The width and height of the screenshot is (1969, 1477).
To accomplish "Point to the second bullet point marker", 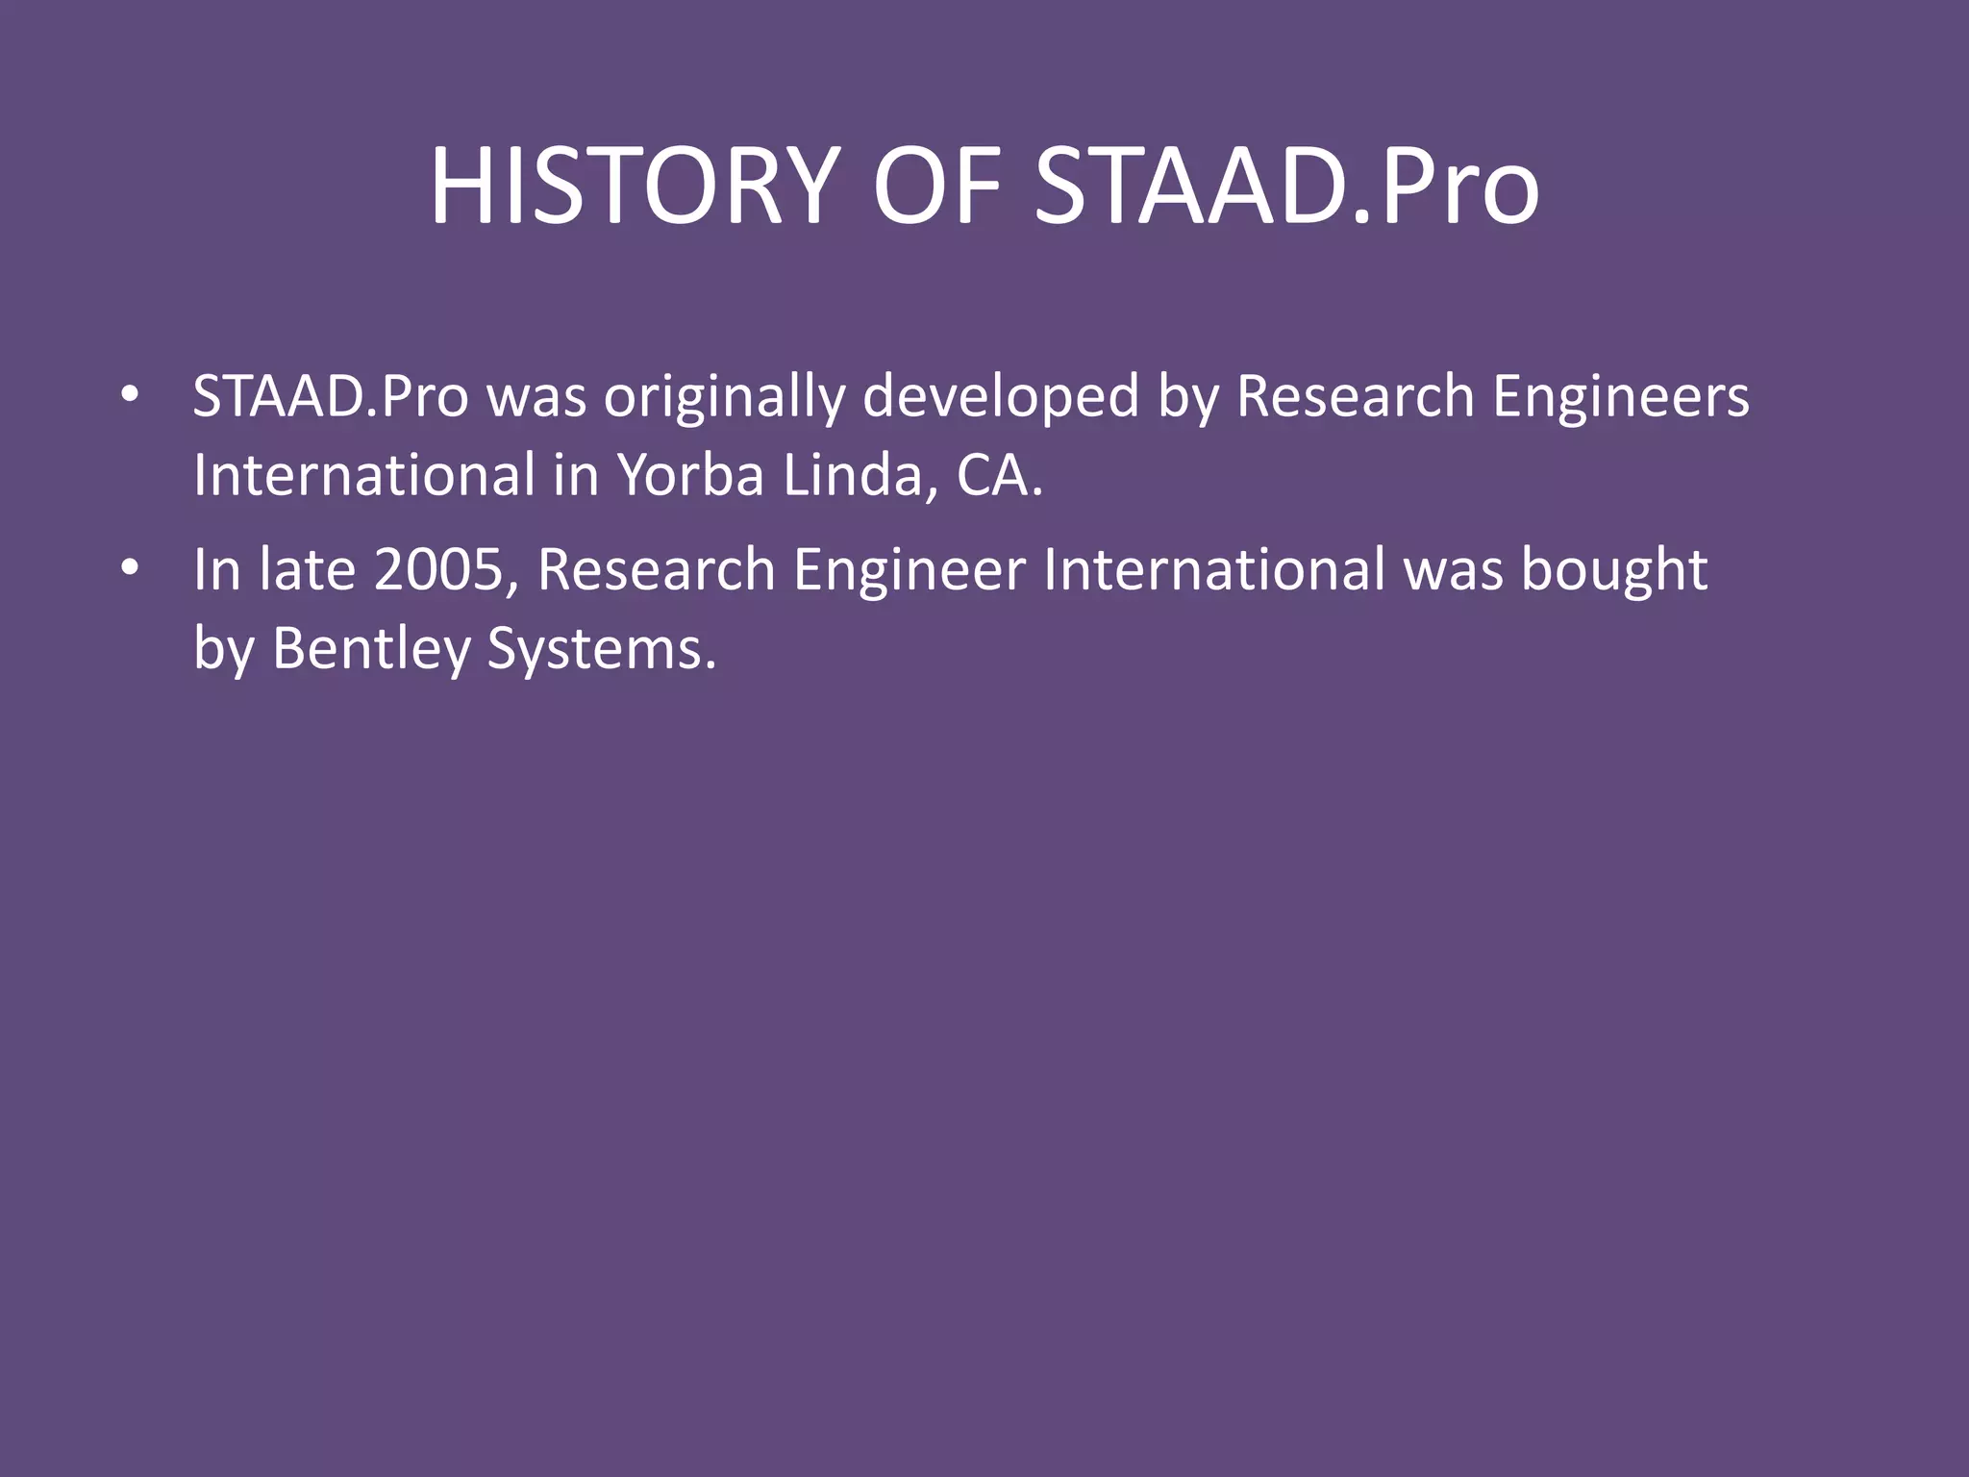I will tap(130, 568).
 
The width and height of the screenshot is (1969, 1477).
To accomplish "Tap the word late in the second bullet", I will tap(307, 570).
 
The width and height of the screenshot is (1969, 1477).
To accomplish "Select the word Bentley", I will tap(371, 650).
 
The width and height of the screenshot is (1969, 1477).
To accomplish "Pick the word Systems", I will tap(601, 650).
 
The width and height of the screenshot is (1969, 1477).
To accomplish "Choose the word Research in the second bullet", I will tap(656, 570).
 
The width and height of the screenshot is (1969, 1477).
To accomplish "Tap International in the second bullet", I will tap(1213, 570).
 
